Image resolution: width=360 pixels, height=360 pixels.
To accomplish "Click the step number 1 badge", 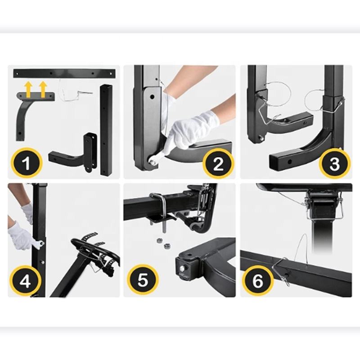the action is pos(27,163).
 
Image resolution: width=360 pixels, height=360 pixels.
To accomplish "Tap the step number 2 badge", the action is pos(218,163).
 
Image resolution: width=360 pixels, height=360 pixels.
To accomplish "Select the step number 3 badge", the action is pos(334,163).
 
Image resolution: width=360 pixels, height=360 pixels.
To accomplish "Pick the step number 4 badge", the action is pos(25,280).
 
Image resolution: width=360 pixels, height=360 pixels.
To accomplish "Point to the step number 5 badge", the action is pos(143,279).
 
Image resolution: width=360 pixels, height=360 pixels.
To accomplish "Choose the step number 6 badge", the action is pos(258,280).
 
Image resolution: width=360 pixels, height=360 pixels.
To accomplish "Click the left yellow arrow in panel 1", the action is pos(28,90).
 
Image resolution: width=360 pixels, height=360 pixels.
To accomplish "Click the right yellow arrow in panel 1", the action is pos(43,90).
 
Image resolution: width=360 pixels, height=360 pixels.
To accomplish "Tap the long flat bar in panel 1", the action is pos(64,73).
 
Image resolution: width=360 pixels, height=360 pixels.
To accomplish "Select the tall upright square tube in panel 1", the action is pos(106,130).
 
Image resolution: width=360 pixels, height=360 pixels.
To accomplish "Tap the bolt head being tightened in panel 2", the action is pos(152,160).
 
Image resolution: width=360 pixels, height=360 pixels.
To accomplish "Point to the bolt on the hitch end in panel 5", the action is pos(183,268).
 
